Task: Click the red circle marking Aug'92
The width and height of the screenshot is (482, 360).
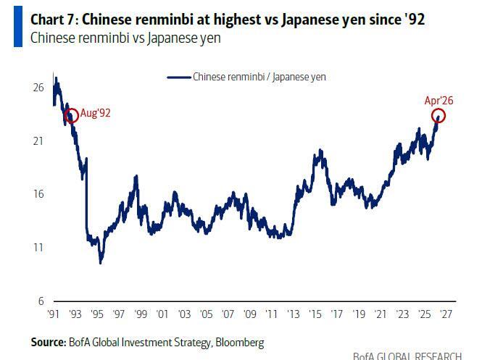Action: coord(71,116)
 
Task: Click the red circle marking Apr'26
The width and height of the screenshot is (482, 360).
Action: coord(438,116)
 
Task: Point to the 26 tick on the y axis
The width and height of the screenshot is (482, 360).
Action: coord(38,88)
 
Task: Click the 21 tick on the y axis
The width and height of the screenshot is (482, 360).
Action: coord(38,141)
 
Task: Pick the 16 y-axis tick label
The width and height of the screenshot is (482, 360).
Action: coord(38,193)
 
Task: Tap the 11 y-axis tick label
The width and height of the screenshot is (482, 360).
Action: coord(38,247)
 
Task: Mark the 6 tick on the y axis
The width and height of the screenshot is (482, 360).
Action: coord(41,301)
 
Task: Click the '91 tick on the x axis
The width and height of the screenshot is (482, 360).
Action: coord(52,315)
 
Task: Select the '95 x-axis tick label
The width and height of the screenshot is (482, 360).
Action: coord(96,315)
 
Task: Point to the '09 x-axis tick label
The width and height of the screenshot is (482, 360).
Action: coord(250,315)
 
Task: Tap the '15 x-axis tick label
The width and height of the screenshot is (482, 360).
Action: coord(315,315)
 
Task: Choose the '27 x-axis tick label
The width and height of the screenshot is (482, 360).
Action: coord(446,315)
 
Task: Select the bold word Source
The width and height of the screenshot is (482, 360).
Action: coord(47,342)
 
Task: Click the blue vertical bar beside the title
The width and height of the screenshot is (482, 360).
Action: coord(18,28)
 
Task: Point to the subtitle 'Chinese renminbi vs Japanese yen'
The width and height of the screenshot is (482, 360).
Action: coord(125,38)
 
